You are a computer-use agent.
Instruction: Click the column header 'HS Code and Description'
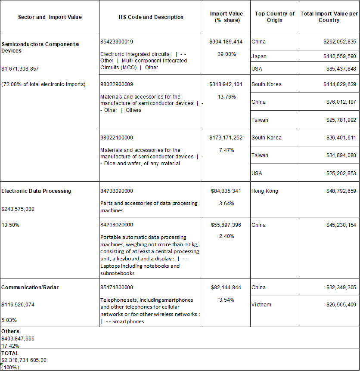151,17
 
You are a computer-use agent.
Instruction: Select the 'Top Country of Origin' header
275,17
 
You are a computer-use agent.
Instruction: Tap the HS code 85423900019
117,42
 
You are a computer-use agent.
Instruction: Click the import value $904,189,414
226,42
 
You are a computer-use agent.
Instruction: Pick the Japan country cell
259,56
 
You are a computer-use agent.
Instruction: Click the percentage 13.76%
227,96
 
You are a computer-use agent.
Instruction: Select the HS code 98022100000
117,138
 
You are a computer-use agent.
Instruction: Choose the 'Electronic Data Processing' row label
36,191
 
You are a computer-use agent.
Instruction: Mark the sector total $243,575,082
18,209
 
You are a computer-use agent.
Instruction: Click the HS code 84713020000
117,225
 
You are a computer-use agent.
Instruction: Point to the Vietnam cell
261,305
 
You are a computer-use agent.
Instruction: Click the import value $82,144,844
226,288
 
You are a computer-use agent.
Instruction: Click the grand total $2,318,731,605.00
24,360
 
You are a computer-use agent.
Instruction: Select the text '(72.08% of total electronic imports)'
43,84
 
